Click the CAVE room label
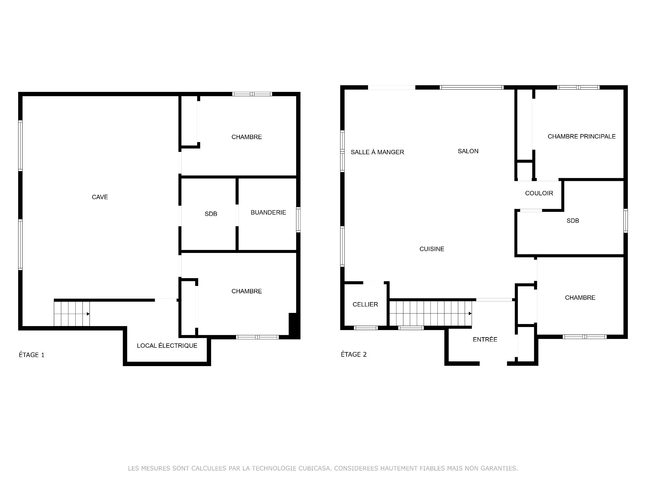(100, 197)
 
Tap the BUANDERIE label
(268, 213)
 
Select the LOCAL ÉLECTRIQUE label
(167, 346)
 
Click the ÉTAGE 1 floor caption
(32, 355)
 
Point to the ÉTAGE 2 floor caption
(354, 354)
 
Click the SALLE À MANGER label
(378, 152)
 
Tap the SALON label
(468, 151)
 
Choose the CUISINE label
(432, 249)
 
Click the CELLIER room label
(365, 304)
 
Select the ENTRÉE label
(485, 339)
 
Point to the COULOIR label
(539, 193)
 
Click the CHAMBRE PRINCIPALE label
(582, 136)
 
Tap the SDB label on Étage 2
(573, 221)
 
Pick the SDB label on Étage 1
(211, 214)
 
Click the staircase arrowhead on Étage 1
(88, 314)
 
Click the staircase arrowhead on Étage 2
(470, 314)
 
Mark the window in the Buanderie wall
(298, 220)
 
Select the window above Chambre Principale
(578, 88)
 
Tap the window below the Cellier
(366, 328)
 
